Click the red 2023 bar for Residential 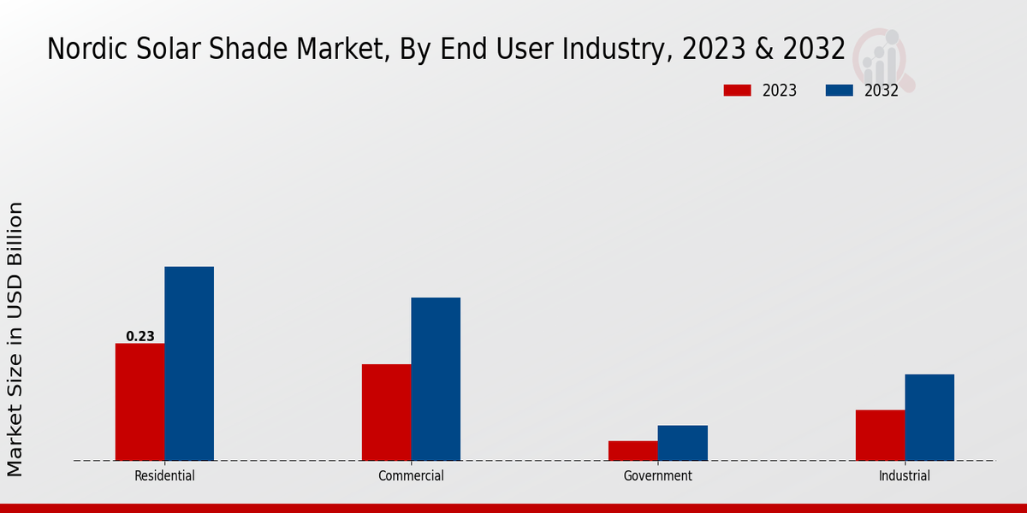click(x=140, y=402)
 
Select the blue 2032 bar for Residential click(x=189, y=363)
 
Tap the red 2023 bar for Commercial click(x=386, y=412)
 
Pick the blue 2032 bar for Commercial click(x=436, y=379)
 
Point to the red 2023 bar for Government click(x=633, y=451)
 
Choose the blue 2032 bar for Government click(x=683, y=443)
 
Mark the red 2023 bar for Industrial click(x=880, y=435)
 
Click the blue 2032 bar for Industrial click(x=929, y=417)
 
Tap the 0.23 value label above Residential click(x=140, y=337)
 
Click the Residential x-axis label click(x=164, y=476)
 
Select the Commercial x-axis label click(x=411, y=476)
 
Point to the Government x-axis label click(x=658, y=476)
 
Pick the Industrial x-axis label click(x=905, y=476)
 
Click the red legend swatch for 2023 click(x=737, y=91)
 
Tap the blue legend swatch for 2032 click(x=840, y=91)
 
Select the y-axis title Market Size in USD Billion click(x=15, y=339)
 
